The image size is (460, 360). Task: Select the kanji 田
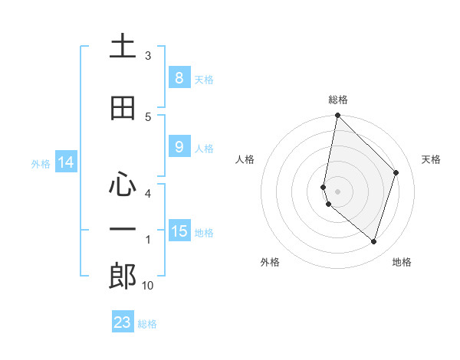point(123,108)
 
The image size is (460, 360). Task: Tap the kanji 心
point(123,185)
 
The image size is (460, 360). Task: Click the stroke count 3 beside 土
point(148,56)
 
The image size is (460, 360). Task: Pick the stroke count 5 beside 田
point(148,116)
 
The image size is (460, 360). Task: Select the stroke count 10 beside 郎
point(148,286)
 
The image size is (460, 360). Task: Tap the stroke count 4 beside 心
point(148,193)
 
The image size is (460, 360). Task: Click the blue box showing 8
point(179,77)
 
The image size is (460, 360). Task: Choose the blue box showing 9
point(179,147)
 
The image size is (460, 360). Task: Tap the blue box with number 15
point(179,231)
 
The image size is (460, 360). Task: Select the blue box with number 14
point(65,162)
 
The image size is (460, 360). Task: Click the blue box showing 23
point(123,322)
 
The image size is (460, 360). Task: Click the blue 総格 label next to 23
point(147,324)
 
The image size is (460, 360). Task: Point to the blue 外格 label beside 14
point(41,164)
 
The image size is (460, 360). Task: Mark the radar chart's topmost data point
point(337,116)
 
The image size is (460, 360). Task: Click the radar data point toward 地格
point(373,241)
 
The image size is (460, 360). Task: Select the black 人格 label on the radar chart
point(245,159)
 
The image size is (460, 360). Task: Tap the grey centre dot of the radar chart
point(337,191)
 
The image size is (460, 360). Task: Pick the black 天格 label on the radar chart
point(432,159)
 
